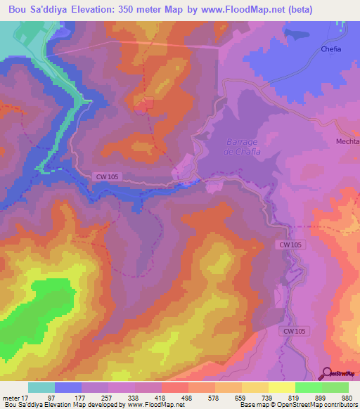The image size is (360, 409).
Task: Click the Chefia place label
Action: (x=331, y=49)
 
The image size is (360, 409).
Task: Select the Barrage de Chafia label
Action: (x=243, y=146)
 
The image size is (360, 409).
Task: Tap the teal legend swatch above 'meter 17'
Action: (x=41, y=387)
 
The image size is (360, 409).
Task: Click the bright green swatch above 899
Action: (x=309, y=387)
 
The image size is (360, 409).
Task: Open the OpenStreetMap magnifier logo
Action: (x=326, y=373)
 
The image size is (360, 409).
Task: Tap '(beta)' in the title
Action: (x=292, y=9)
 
